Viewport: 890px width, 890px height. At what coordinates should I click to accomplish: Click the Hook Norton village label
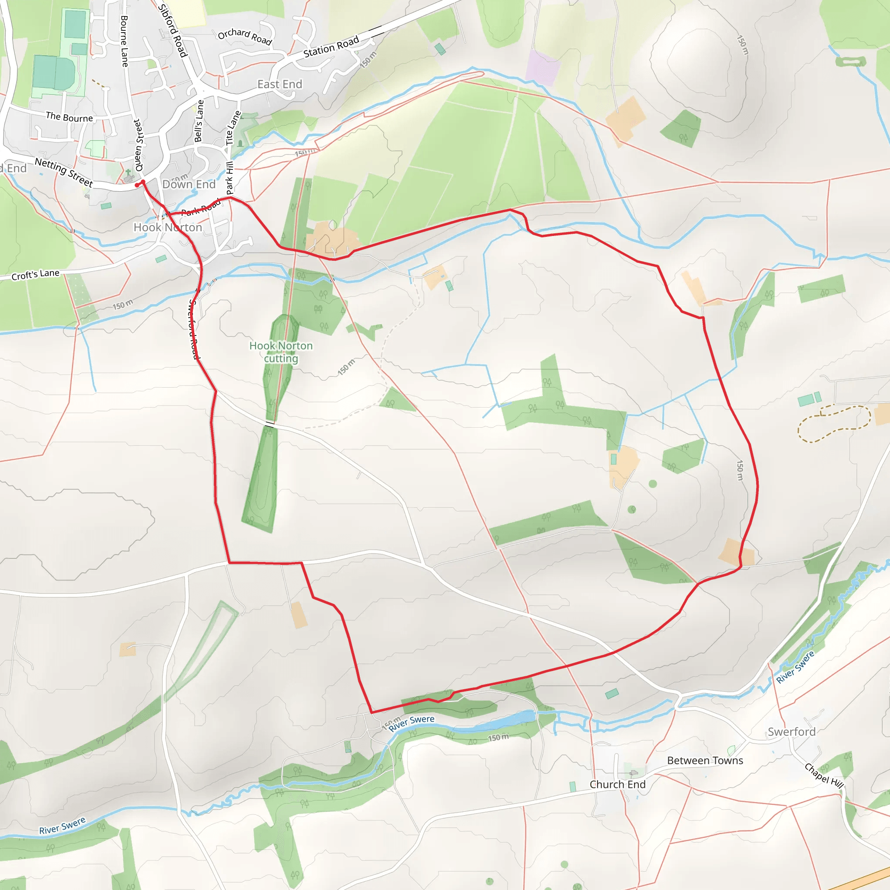click(168, 227)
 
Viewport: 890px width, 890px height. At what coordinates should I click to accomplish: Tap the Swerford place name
click(791, 731)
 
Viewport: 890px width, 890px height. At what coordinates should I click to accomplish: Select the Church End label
click(617, 784)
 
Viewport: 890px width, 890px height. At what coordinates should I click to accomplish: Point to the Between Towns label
click(705, 760)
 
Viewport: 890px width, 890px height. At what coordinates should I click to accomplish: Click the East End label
click(279, 84)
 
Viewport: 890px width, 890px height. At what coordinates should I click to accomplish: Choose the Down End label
click(189, 184)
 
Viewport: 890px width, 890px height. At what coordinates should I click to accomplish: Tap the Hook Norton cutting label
click(281, 352)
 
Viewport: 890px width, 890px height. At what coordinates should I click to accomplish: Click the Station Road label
click(331, 47)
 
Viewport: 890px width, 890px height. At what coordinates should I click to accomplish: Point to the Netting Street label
click(64, 172)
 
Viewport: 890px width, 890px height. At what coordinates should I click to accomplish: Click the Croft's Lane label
click(36, 275)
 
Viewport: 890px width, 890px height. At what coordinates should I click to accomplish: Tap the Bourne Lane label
click(124, 41)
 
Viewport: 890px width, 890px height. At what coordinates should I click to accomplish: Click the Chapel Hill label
click(824, 775)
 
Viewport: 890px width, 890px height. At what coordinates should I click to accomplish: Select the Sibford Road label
click(173, 30)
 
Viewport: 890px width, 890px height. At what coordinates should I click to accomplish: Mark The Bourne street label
click(69, 117)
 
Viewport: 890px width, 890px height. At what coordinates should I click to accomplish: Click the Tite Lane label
click(233, 128)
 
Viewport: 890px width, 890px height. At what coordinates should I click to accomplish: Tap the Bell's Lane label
click(199, 121)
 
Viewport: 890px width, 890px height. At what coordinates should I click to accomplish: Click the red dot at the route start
click(137, 185)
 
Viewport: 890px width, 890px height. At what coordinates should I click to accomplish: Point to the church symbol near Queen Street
click(129, 176)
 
